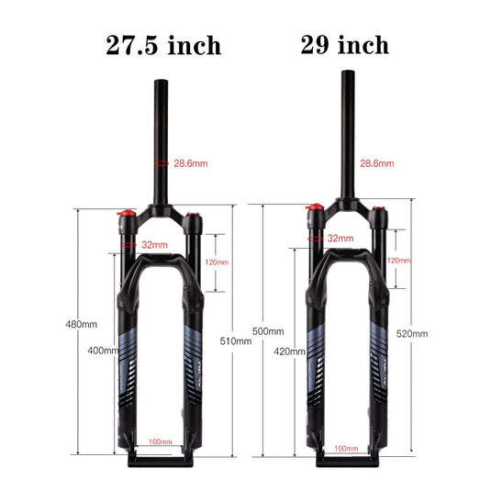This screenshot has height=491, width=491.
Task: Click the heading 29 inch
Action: (344, 44)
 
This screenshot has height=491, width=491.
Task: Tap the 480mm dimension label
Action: (81, 325)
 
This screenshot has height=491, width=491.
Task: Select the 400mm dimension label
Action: (103, 350)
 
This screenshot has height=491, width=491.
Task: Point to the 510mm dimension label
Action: (237, 340)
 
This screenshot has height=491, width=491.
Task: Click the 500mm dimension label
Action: (269, 330)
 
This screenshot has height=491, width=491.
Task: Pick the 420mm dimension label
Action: (289, 352)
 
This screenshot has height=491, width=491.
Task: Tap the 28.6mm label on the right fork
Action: (376, 163)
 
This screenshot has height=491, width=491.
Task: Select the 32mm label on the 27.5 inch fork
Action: (154, 245)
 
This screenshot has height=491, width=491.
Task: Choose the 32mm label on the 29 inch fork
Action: (340, 239)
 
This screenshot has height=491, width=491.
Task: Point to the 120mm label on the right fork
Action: (398, 261)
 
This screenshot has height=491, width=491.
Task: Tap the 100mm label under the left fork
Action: (160, 441)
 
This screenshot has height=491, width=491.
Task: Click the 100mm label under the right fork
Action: (346, 447)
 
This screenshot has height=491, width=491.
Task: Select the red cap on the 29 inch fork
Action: (313, 210)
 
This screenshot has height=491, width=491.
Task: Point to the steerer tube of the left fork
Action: (157, 138)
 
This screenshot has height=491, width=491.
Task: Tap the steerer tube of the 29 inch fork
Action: (348, 128)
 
